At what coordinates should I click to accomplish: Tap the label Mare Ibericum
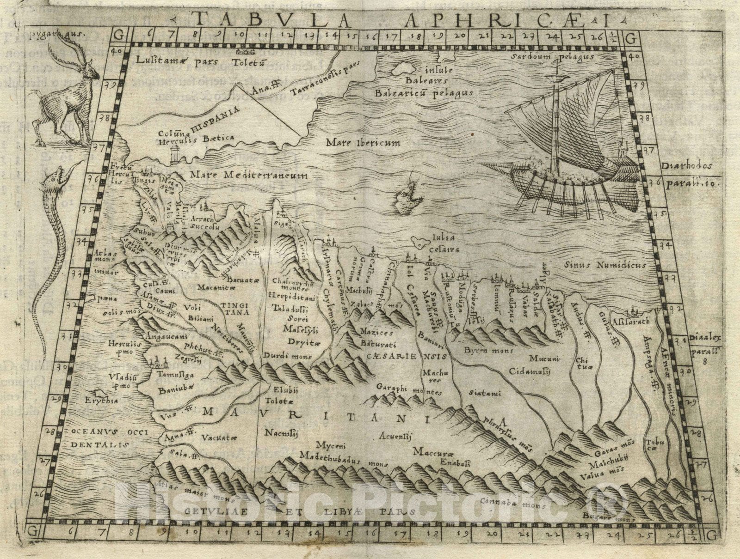(363, 143)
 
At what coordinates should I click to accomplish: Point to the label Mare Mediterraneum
(248, 175)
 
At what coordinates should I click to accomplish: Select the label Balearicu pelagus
(424, 93)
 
